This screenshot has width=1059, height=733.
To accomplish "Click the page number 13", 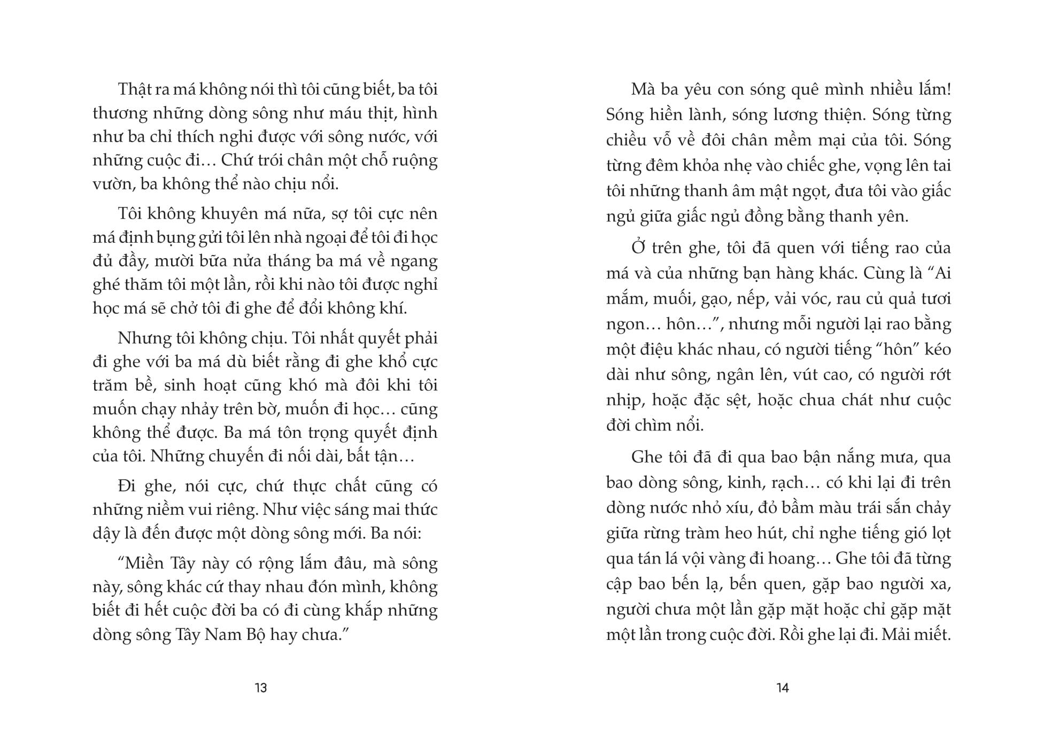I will click(260, 688).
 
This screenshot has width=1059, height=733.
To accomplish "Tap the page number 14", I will click(782, 688).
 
